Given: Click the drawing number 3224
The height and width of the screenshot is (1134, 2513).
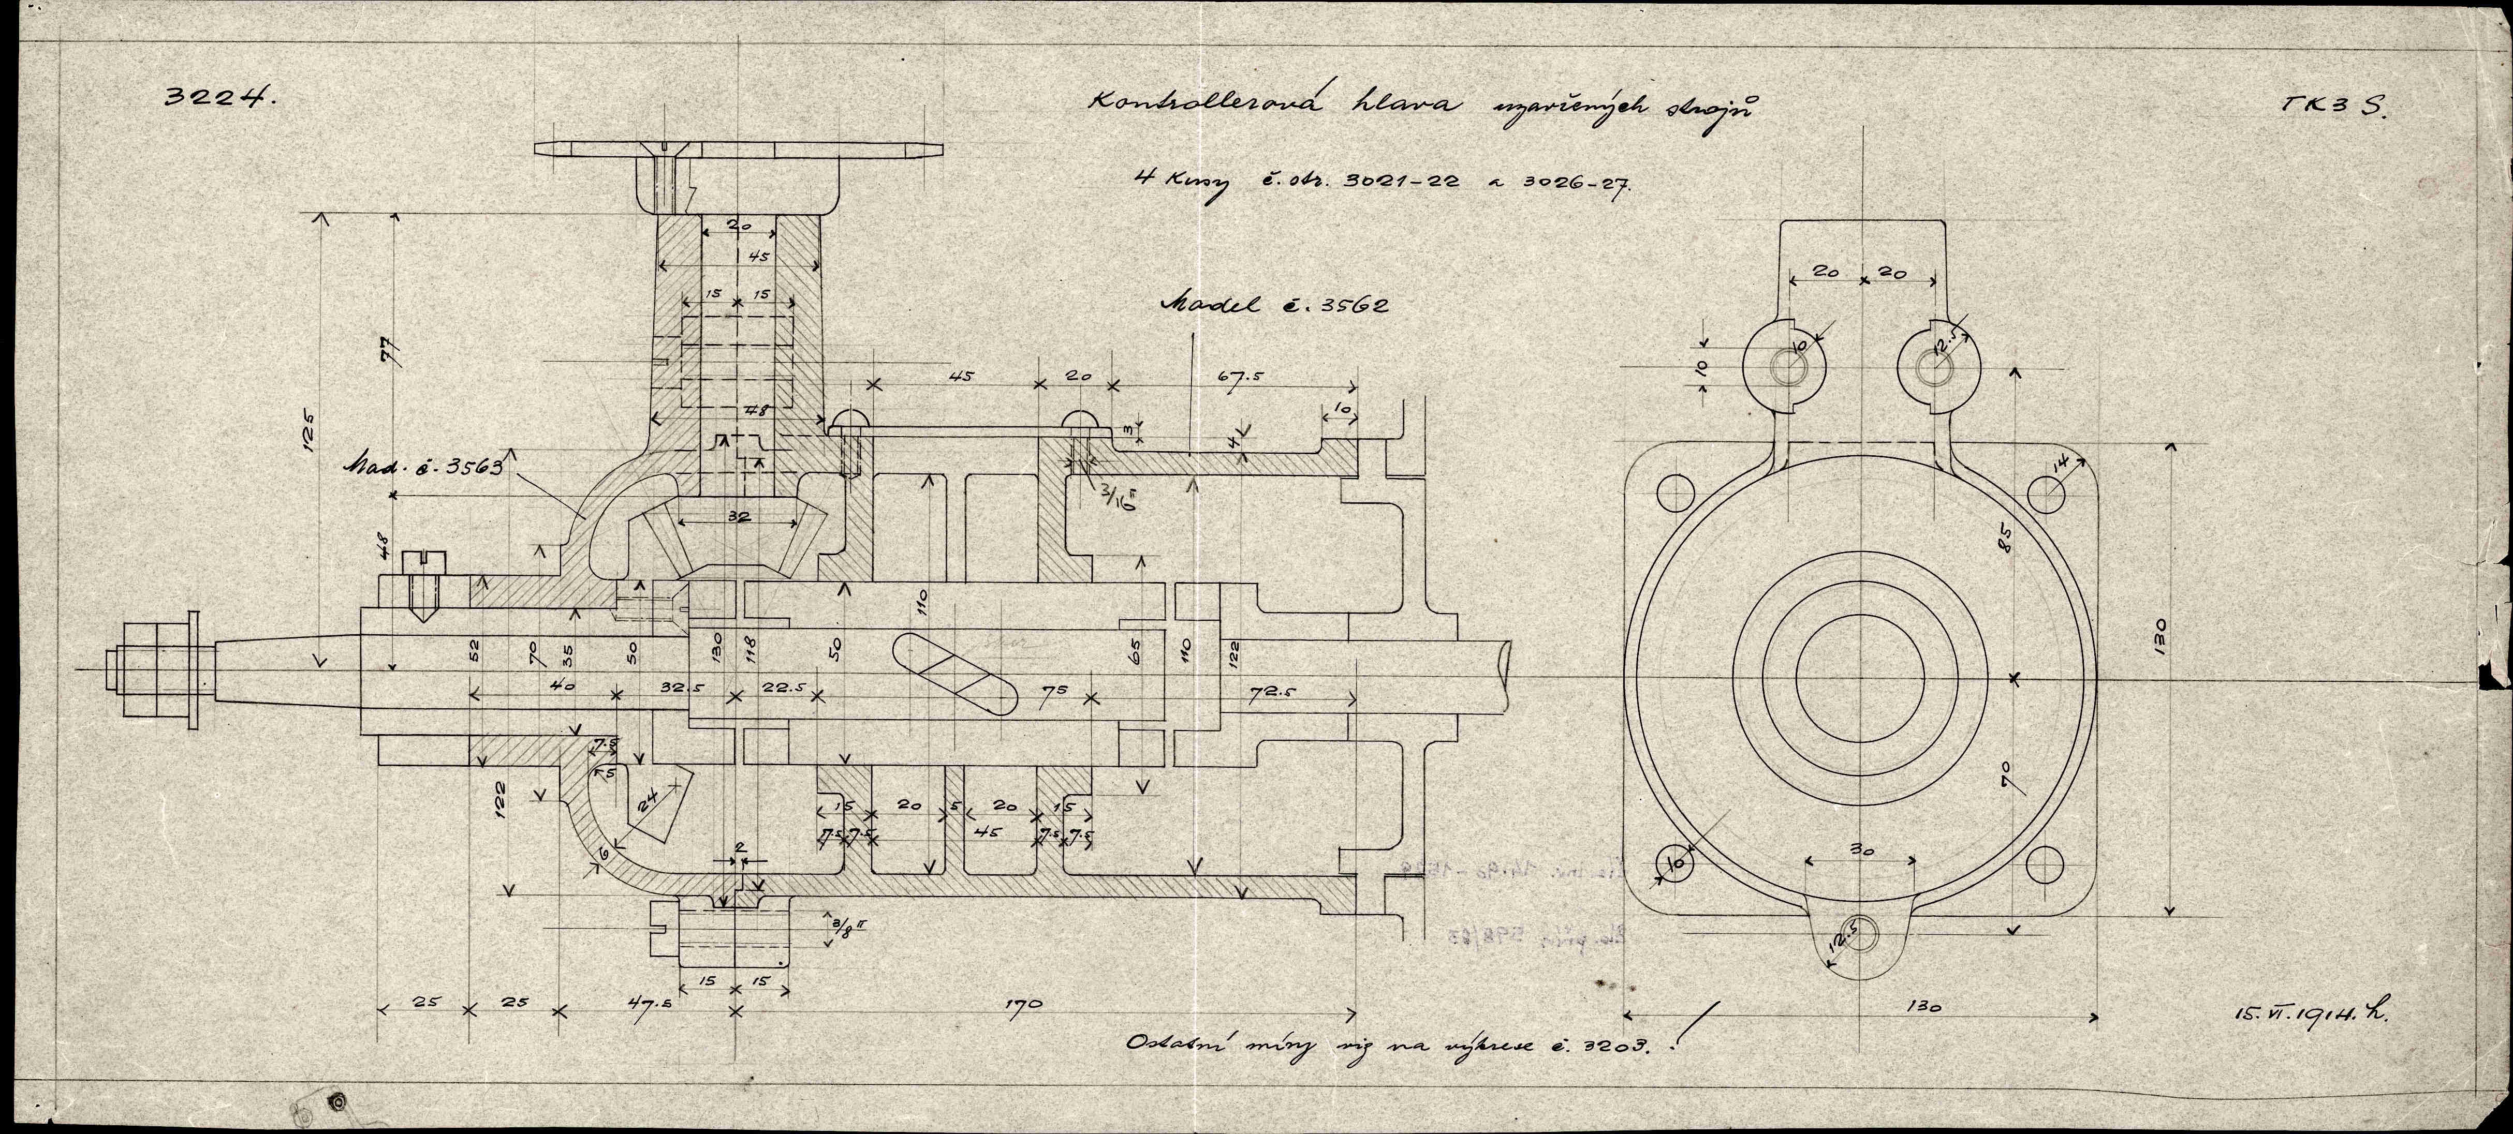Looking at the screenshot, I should click(x=223, y=98).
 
